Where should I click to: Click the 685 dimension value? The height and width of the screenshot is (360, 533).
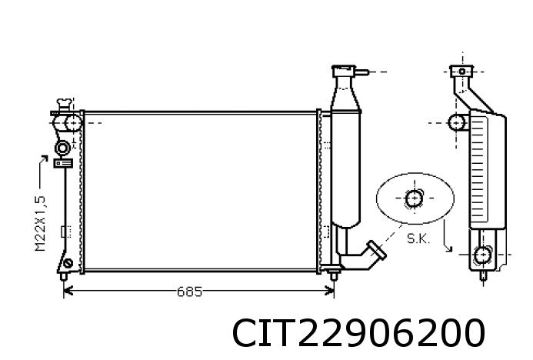tap(189, 292)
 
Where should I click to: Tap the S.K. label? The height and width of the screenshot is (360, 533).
tap(418, 238)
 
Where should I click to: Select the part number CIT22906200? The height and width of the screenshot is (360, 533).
tap(358, 334)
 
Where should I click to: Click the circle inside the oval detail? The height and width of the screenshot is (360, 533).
tap(414, 198)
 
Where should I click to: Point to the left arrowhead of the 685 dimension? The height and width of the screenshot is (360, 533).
tap(66, 291)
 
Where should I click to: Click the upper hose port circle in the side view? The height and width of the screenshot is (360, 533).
tap(456, 122)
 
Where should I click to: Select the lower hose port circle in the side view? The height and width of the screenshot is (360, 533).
tap(482, 255)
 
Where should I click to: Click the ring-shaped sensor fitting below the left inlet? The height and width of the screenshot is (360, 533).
tap(62, 147)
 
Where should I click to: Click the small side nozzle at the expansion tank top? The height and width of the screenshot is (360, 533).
tap(361, 72)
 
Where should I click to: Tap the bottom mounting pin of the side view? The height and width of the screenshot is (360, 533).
tap(482, 275)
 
